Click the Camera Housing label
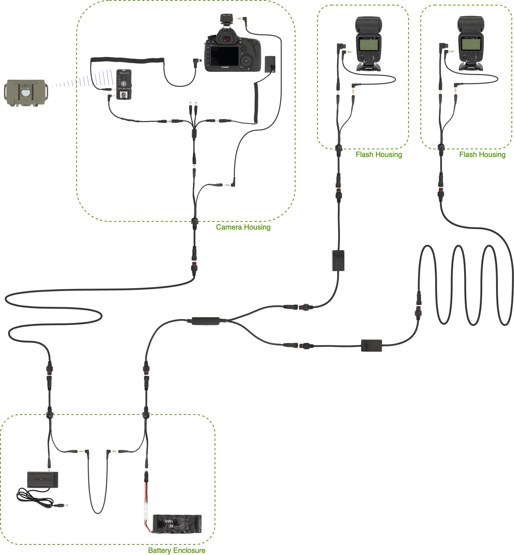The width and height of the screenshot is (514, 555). (x=243, y=227)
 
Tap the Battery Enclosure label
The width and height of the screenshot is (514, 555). (x=177, y=550)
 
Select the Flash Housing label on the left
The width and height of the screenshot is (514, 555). (x=378, y=154)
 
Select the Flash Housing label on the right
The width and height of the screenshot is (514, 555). (x=482, y=154)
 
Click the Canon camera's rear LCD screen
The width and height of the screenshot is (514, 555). (x=225, y=56)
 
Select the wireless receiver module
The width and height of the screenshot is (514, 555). (x=124, y=84)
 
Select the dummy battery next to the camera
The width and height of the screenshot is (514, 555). (x=270, y=64)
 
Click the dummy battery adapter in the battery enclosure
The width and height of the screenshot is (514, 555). (x=43, y=480)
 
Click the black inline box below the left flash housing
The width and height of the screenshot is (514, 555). (x=338, y=261)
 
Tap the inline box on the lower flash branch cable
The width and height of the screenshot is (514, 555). (x=371, y=345)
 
